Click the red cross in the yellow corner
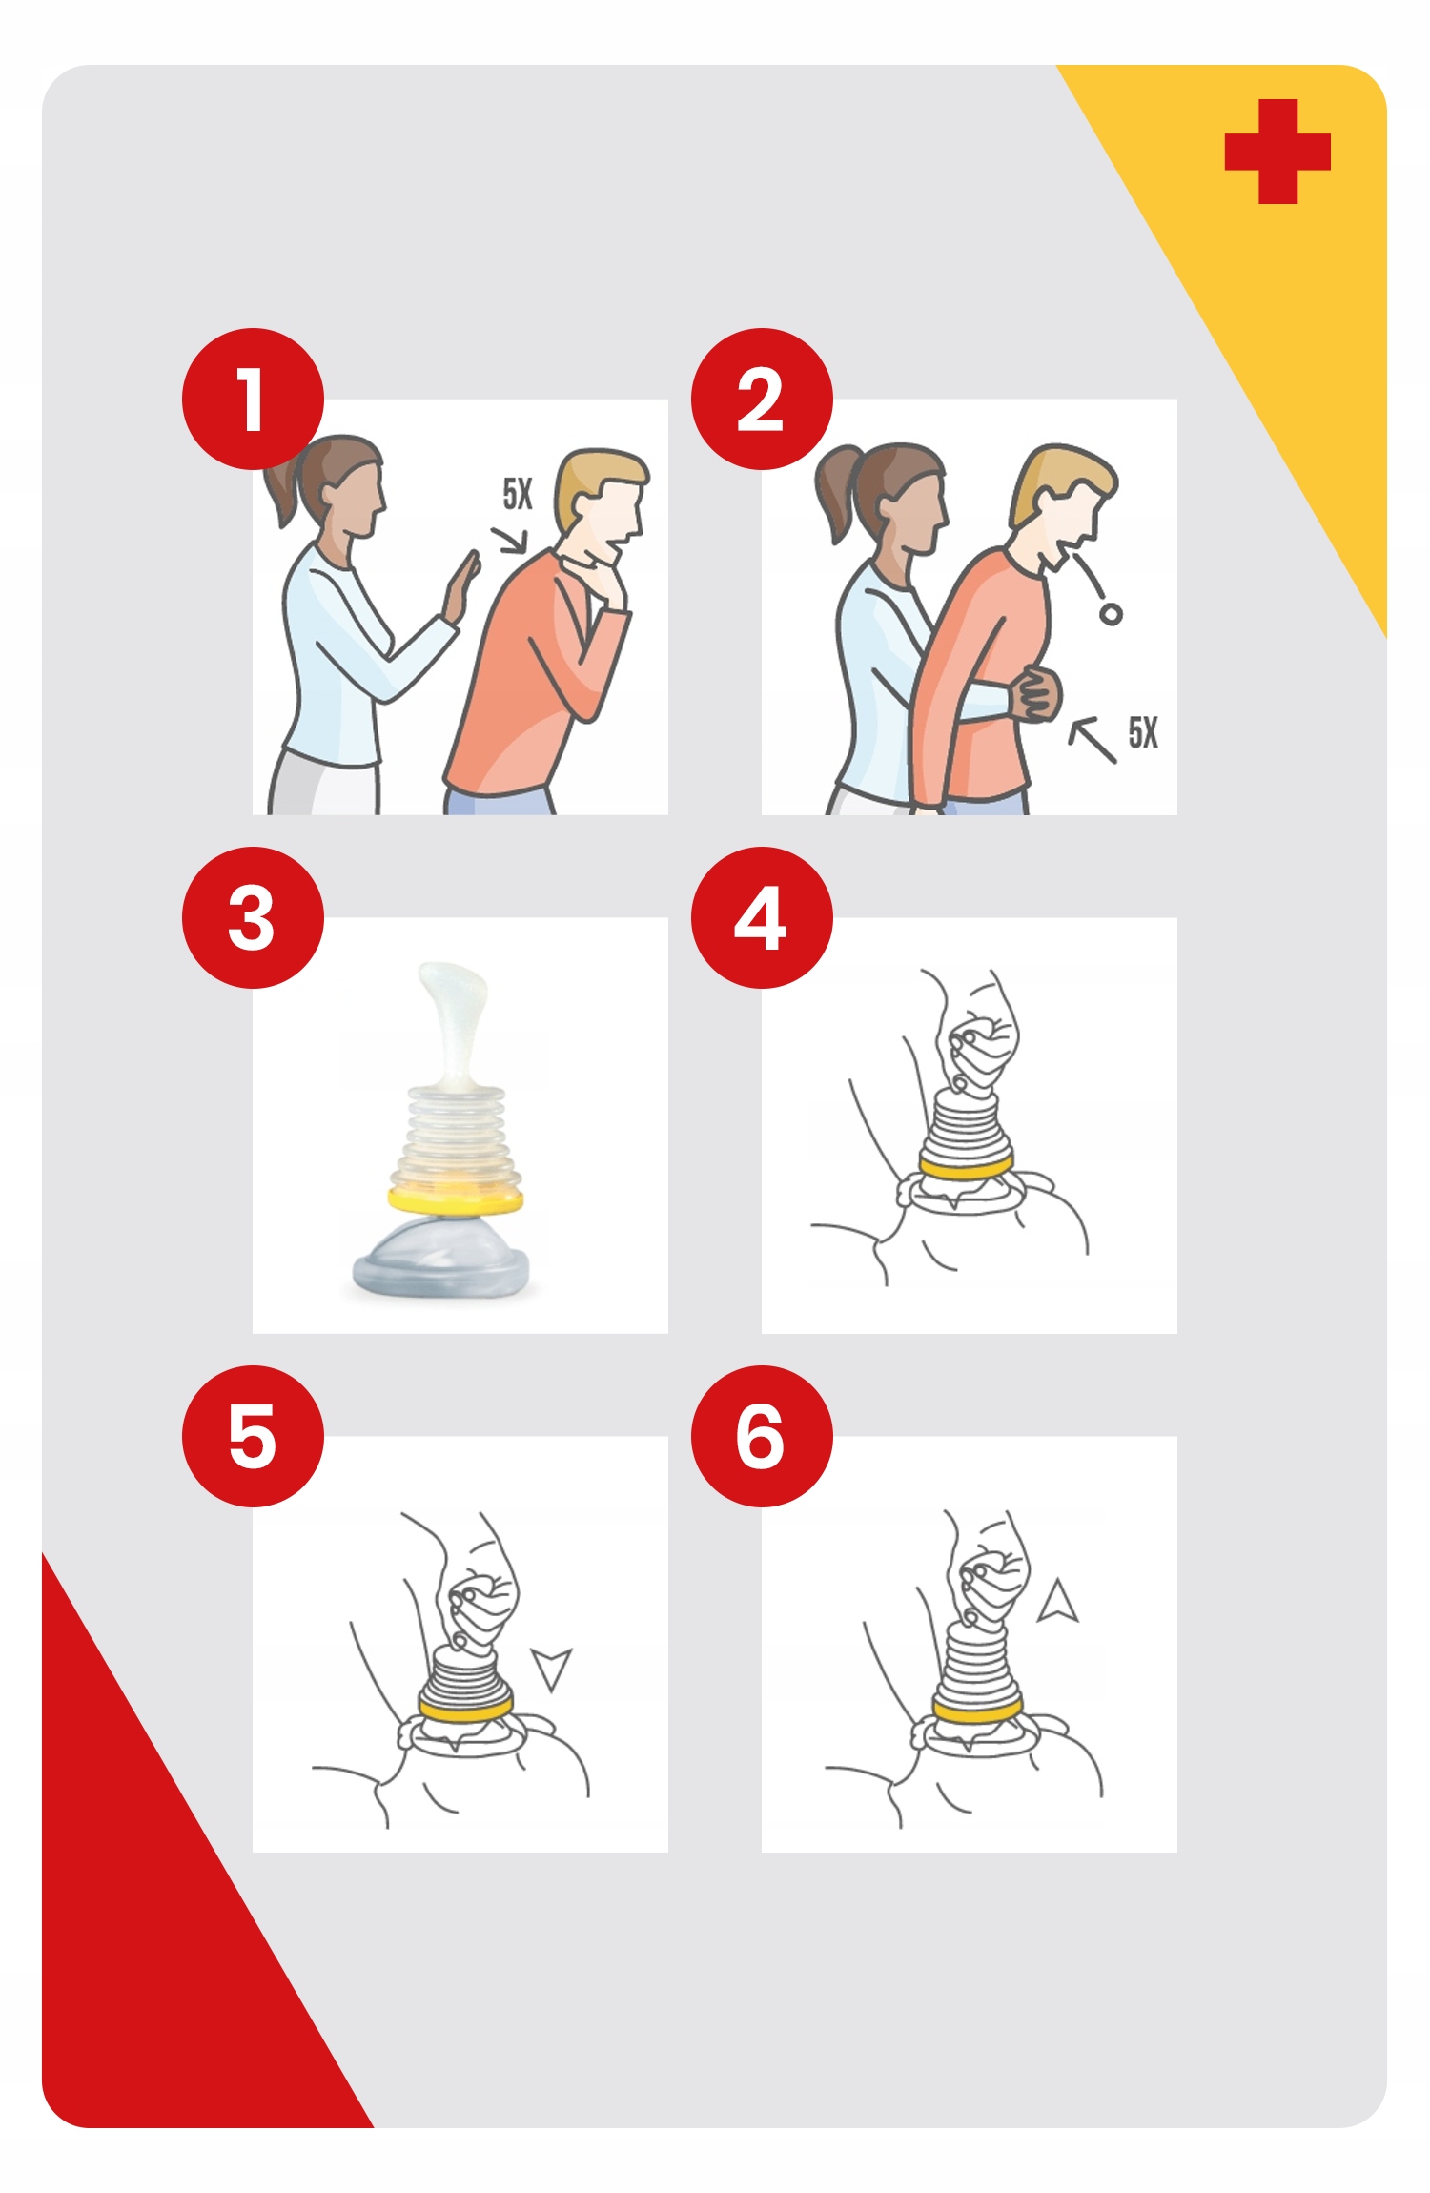1277,152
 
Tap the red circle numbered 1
253,399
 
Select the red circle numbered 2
762,399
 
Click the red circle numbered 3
253,917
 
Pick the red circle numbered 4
762,917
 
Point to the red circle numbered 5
253,1436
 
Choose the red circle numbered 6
762,1436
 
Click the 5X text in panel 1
518,494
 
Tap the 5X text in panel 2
1143,732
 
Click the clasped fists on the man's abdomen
1035,693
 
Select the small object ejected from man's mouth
1111,614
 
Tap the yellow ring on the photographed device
456,1199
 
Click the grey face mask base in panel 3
440,1259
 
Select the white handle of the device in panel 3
453,1025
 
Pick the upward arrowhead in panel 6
1057,1601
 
